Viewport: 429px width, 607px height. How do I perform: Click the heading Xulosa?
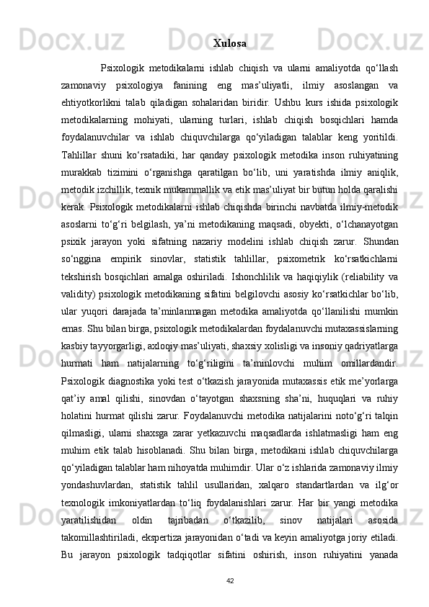click(230, 43)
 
